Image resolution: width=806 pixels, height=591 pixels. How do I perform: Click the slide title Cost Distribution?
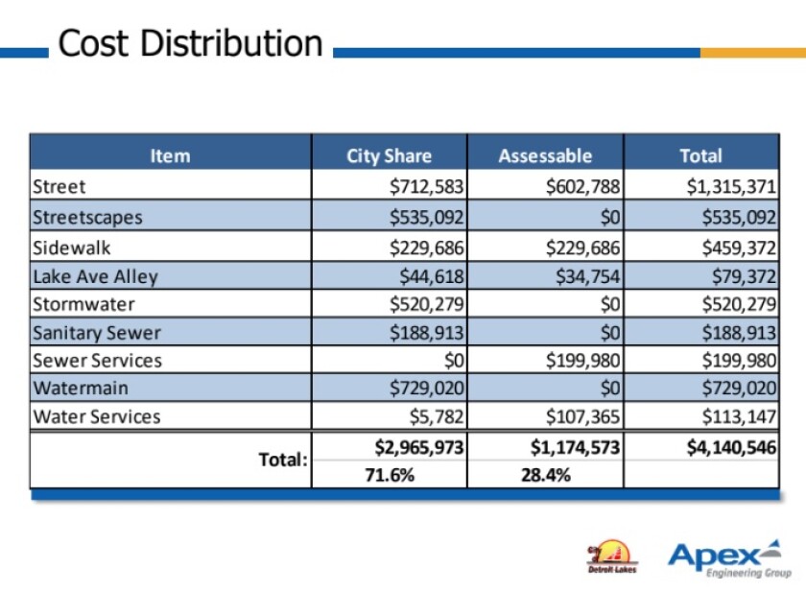click(190, 44)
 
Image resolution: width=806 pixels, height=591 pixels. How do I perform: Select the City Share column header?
click(389, 155)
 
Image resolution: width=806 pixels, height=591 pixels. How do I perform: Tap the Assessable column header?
click(545, 155)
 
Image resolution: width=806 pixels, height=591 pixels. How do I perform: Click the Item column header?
click(170, 155)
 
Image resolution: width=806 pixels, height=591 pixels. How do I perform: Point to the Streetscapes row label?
click(87, 217)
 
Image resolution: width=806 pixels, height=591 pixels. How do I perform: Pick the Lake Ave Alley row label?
click(95, 276)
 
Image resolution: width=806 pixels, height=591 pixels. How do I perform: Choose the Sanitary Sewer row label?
click(97, 333)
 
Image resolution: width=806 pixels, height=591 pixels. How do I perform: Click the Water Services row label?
click(97, 416)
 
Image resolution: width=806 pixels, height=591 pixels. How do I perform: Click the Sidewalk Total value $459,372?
click(739, 248)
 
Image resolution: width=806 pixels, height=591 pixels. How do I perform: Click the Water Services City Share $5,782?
click(437, 416)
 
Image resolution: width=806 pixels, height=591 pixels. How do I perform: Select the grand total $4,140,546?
click(731, 446)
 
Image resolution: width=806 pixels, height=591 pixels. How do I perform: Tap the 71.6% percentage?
click(390, 474)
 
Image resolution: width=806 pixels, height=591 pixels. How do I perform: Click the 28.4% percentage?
click(546, 474)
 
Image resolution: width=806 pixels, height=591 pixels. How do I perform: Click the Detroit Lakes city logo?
click(612, 556)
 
